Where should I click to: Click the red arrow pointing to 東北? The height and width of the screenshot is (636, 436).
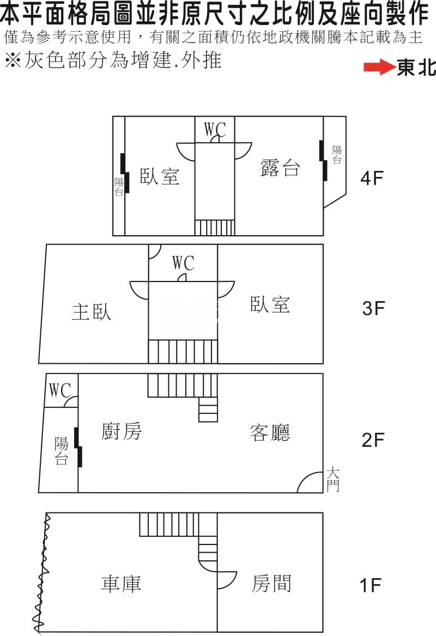[x=379, y=68]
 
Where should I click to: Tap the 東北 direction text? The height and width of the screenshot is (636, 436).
[x=416, y=68]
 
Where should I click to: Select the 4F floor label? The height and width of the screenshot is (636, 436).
[x=372, y=178]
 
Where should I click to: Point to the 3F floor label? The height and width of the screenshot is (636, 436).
[x=373, y=308]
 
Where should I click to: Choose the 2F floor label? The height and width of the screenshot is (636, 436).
[x=373, y=439]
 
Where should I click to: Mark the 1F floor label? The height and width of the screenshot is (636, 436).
[x=371, y=585]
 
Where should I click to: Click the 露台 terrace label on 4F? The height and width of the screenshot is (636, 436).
[x=280, y=167]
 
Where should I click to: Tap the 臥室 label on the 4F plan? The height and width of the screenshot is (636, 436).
[x=160, y=176]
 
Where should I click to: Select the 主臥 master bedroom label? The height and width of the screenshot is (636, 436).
[x=92, y=311]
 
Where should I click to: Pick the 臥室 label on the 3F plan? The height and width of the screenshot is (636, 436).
[x=270, y=304]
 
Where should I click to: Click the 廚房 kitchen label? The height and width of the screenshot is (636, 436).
[x=122, y=431]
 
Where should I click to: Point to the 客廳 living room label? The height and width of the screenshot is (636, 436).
[x=270, y=432]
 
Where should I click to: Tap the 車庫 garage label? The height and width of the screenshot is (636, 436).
[x=121, y=583]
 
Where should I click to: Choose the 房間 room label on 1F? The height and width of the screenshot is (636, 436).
[x=271, y=584]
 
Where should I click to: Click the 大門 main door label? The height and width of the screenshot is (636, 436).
[x=333, y=479]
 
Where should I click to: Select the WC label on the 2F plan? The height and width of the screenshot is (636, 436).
[x=60, y=390]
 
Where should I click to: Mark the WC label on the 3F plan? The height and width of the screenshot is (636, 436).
[x=184, y=263]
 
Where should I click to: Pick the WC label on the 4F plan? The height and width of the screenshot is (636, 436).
[x=215, y=130]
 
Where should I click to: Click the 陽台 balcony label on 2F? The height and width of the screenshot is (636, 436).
[x=61, y=451]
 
